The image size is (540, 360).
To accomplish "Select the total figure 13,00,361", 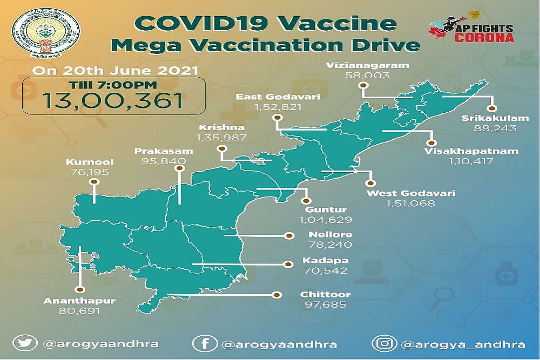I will tap(113, 100).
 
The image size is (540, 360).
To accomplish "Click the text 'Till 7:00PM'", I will tap(113, 84).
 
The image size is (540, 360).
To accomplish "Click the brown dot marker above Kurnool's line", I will tap(93, 182).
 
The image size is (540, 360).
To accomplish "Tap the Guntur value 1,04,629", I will tap(325, 220).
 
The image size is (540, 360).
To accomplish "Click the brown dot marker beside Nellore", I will tap(289, 236).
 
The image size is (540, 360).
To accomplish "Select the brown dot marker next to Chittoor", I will tap(277, 295).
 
